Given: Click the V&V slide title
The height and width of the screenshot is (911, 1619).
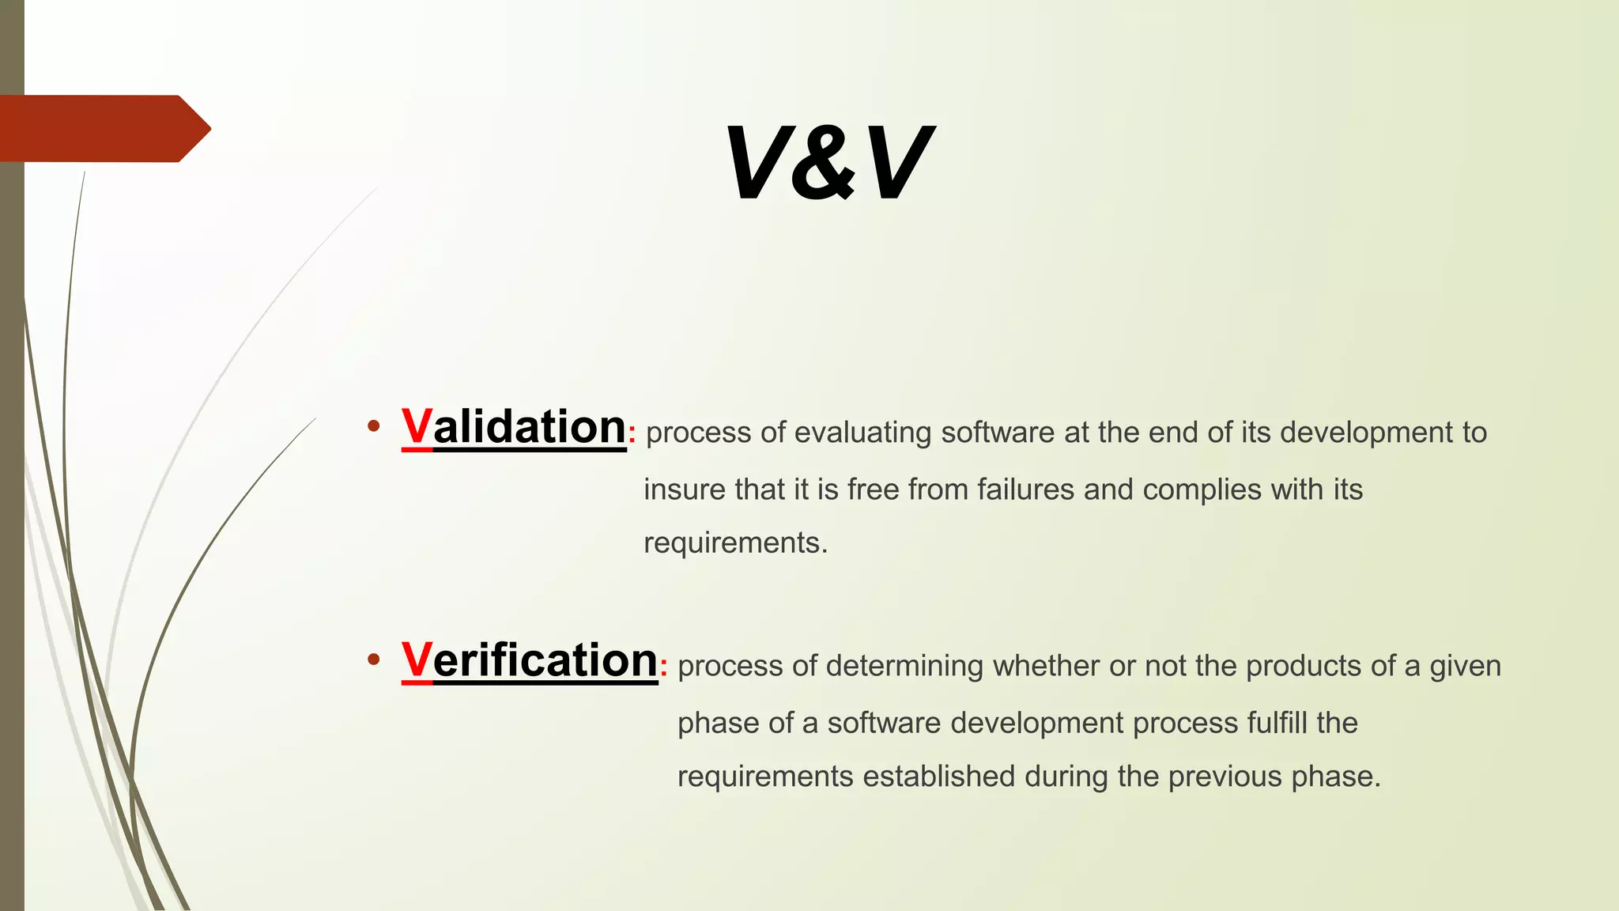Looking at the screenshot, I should pyautogui.click(x=828, y=164).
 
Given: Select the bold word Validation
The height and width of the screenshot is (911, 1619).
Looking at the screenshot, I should pyautogui.click(x=514, y=427).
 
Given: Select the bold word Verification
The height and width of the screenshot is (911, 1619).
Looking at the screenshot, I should pyautogui.click(x=530, y=660).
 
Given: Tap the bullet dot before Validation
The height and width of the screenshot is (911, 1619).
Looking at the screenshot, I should pyautogui.click(x=374, y=428).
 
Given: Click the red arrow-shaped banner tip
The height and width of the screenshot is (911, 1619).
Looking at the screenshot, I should pyautogui.click(x=194, y=128).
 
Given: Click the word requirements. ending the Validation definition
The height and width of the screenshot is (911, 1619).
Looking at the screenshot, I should pyautogui.click(x=735, y=543).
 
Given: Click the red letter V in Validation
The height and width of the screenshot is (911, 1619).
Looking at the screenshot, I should pyautogui.click(x=417, y=427).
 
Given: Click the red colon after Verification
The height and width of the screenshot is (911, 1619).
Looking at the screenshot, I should pyautogui.click(x=664, y=669).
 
